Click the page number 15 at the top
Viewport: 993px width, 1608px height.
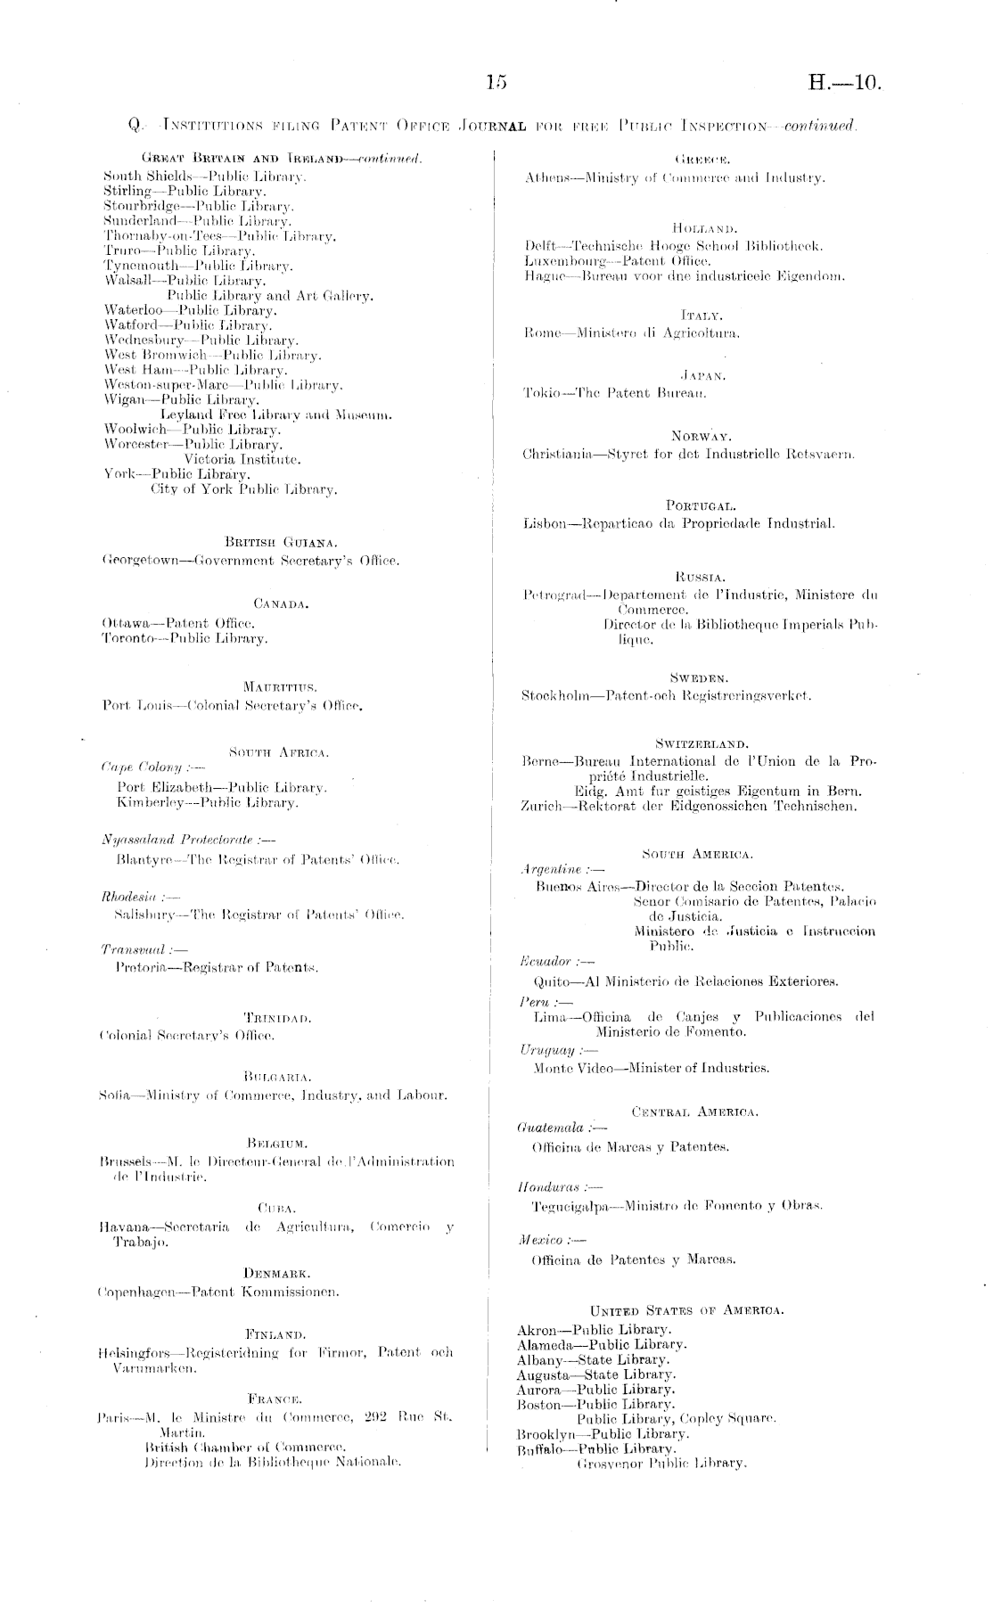pos(496,83)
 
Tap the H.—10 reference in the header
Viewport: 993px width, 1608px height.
pos(843,84)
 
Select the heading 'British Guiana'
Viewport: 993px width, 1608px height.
pos(268,542)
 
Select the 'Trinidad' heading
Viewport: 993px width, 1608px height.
pos(277,1017)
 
